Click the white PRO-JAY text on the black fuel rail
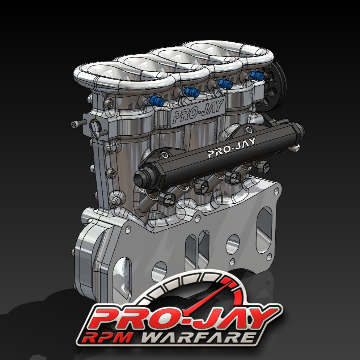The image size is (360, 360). (232, 147)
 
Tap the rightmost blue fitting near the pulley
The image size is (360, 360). (256, 75)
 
